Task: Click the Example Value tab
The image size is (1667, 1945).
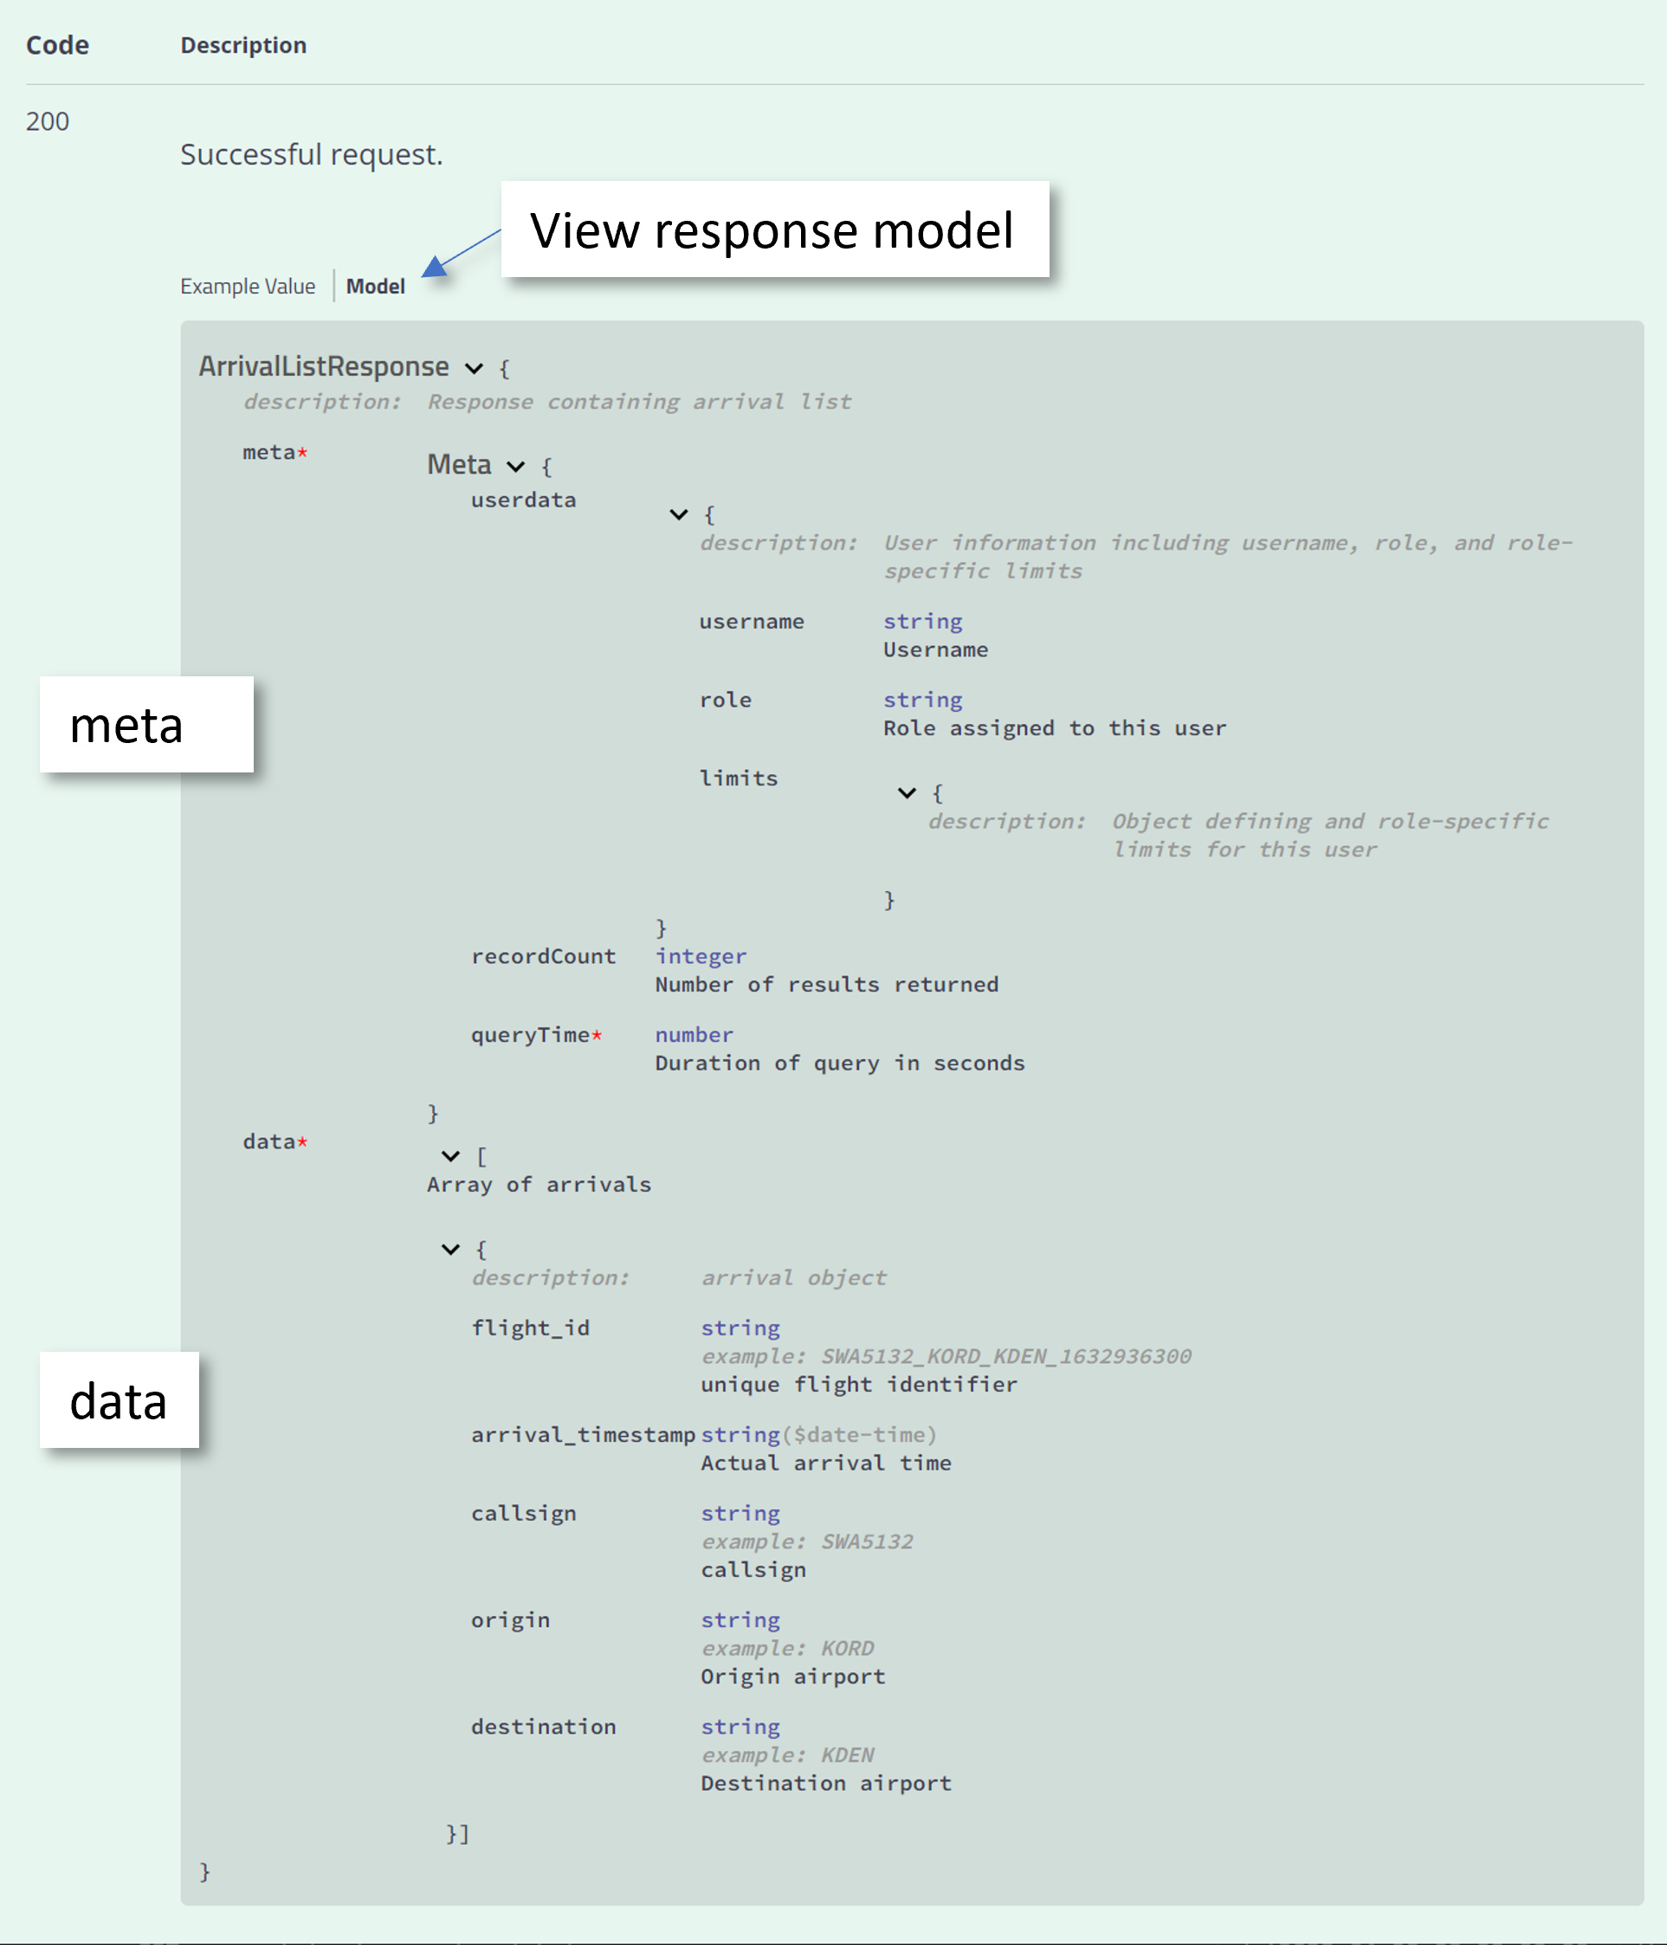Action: tap(247, 287)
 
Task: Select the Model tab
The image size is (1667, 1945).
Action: tap(376, 287)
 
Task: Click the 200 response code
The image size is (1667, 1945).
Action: tap(47, 121)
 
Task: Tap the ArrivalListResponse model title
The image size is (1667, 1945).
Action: tap(323, 366)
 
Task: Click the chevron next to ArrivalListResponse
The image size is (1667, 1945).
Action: tap(474, 368)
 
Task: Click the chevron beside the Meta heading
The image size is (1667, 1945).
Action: tap(515, 467)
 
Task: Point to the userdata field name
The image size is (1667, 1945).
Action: tap(523, 501)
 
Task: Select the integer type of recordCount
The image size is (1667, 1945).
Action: tap(701, 957)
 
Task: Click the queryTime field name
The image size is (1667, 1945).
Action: tap(529, 1036)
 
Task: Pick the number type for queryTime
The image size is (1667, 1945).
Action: tap(694, 1036)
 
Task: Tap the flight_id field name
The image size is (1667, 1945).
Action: tap(529, 1328)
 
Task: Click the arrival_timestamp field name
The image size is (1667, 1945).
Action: tap(582, 1435)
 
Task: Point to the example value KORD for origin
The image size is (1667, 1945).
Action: tap(847, 1650)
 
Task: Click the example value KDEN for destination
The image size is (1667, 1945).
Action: tap(847, 1755)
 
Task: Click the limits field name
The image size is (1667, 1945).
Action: tap(738, 779)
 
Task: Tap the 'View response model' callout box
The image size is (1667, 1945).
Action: tap(774, 230)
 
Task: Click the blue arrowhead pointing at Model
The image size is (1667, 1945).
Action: tap(434, 268)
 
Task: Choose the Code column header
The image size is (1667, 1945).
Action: tap(57, 45)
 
